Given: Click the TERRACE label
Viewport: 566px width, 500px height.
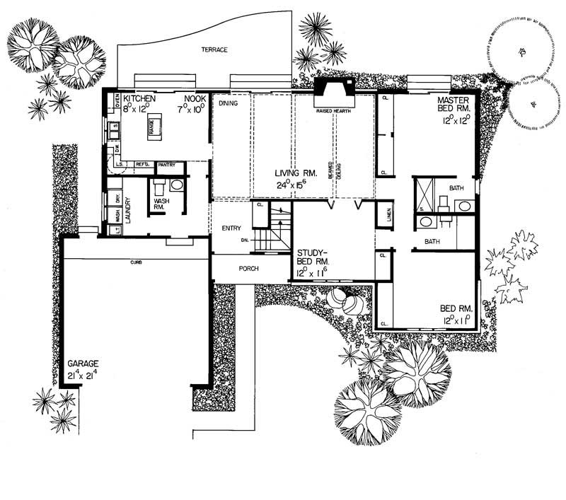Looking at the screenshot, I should [x=214, y=51].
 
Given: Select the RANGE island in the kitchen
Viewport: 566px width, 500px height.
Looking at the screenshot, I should [x=151, y=125].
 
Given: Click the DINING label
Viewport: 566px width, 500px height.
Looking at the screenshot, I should [x=227, y=103].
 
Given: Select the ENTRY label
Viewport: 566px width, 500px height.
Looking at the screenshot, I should [x=231, y=228].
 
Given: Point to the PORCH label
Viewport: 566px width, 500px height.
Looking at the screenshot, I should [x=248, y=269].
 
